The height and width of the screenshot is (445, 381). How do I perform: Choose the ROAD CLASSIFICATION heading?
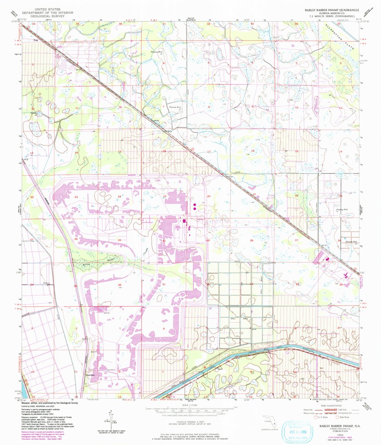click(x=329, y=406)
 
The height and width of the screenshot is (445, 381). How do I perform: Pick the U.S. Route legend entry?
click(x=318, y=418)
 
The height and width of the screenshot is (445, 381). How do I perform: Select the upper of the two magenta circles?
click(x=195, y=204)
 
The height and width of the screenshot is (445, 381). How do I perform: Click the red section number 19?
click(x=165, y=197)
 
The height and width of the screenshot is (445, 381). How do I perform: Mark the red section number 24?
click(x=119, y=197)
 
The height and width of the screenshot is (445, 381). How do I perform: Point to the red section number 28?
click(x=251, y=241)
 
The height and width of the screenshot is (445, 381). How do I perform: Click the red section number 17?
click(x=208, y=151)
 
